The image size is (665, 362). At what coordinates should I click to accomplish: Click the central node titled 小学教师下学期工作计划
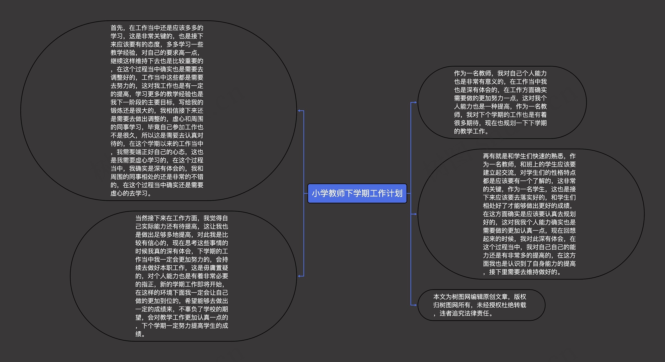[x=357, y=193]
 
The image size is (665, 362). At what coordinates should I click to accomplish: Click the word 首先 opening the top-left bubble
[x=117, y=28]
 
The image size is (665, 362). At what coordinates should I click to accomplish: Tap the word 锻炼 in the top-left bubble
[x=117, y=111]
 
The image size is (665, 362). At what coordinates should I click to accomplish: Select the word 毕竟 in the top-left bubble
[x=154, y=127]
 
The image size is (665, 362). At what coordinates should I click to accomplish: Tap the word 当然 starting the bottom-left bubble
[x=141, y=218]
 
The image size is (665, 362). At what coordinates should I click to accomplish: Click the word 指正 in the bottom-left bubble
[x=148, y=284]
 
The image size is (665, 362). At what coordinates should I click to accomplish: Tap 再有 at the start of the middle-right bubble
[x=489, y=156]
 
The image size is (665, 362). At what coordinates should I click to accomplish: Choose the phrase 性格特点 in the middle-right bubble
[x=563, y=173]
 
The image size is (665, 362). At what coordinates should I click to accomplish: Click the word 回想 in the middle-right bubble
[x=569, y=231]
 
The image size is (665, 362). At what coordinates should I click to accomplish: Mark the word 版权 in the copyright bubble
[x=520, y=297]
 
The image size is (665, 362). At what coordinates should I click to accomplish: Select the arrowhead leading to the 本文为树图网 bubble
[x=415, y=305]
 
